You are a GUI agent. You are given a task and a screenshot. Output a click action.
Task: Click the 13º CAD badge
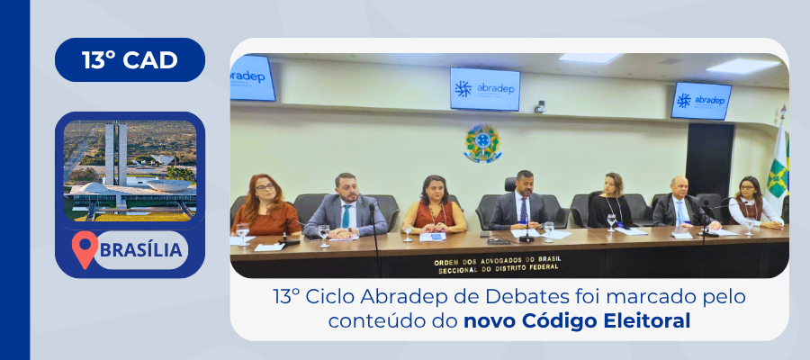[x=130, y=60]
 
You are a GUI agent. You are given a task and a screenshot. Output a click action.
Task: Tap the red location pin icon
[x=85, y=249]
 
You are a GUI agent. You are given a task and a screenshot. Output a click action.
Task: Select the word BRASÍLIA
[x=140, y=250]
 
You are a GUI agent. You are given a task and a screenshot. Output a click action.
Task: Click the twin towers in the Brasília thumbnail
[x=116, y=153]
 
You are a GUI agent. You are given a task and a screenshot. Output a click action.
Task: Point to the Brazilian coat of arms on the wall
[x=482, y=144]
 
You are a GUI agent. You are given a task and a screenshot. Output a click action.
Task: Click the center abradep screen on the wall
[x=484, y=89]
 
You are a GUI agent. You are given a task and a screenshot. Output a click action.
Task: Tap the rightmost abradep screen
[x=701, y=101]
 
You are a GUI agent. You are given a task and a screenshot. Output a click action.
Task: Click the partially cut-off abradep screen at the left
[x=253, y=78]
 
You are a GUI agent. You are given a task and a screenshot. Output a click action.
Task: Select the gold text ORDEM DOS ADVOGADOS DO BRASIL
[x=498, y=259]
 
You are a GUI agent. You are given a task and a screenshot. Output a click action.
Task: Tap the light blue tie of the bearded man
[x=346, y=216]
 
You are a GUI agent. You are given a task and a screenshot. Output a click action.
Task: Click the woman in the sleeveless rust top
[x=434, y=206]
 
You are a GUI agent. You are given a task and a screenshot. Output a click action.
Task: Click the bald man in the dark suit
[x=683, y=202]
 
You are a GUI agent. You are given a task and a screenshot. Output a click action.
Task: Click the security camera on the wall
[x=540, y=106]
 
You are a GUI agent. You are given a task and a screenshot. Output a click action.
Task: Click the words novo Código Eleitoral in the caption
[x=577, y=320]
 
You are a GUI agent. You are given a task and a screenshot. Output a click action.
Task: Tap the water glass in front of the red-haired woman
[x=242, y=233]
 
